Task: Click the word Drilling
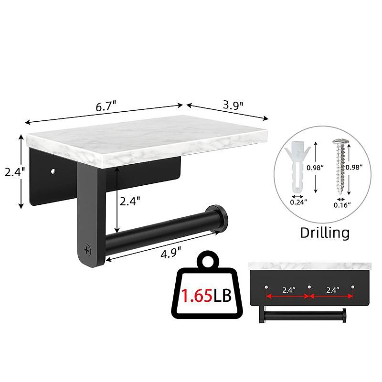click(x=325, y=233)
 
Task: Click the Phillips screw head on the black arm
click(x=87, y=249)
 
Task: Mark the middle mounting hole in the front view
click(x=309, y=286)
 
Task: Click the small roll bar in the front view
click(x=303, y=316)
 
